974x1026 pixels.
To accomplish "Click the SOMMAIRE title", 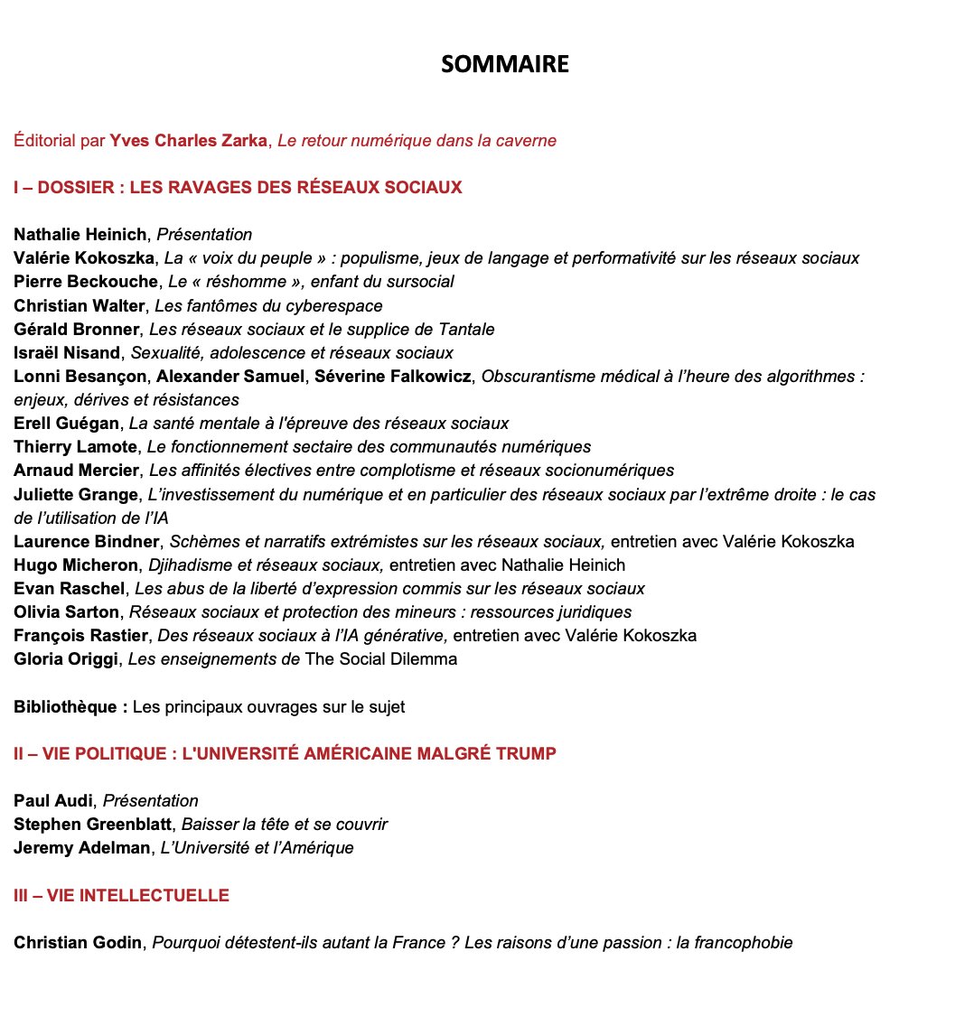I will pyautogui.click(x=505, y=65).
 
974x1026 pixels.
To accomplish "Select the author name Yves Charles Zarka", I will pyautogui.click(x=189, y=140).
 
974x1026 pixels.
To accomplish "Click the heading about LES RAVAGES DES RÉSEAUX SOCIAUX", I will pyautogui.click(x=238, y=188).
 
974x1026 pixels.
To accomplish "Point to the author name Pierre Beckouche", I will pyautogui.click(x=86, y=282).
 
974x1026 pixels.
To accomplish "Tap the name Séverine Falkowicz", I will pyautogui.click(x=393, y=376).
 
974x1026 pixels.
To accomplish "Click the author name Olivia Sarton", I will pyautogui.click(x=66, y=611).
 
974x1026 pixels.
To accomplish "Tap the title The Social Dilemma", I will pyautogui.click(x=380, y=658).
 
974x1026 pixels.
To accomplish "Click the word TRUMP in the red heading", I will pyautogui.click(x=527, y=753).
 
